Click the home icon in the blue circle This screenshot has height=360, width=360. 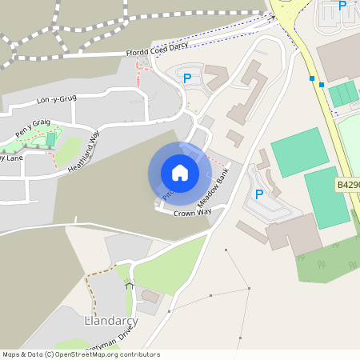[x=179, y=172]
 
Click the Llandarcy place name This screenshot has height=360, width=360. [x=111, y=320]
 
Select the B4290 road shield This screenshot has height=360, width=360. [x=347, y=185]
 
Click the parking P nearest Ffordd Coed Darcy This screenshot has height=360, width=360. [x=187, y=78]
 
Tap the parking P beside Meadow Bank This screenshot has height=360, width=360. [x=258, y=194]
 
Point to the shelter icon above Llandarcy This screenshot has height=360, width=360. [x=127, y=284]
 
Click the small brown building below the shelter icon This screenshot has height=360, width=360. [x=150, y=296]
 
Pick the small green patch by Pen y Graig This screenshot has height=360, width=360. [x=52, y=140]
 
